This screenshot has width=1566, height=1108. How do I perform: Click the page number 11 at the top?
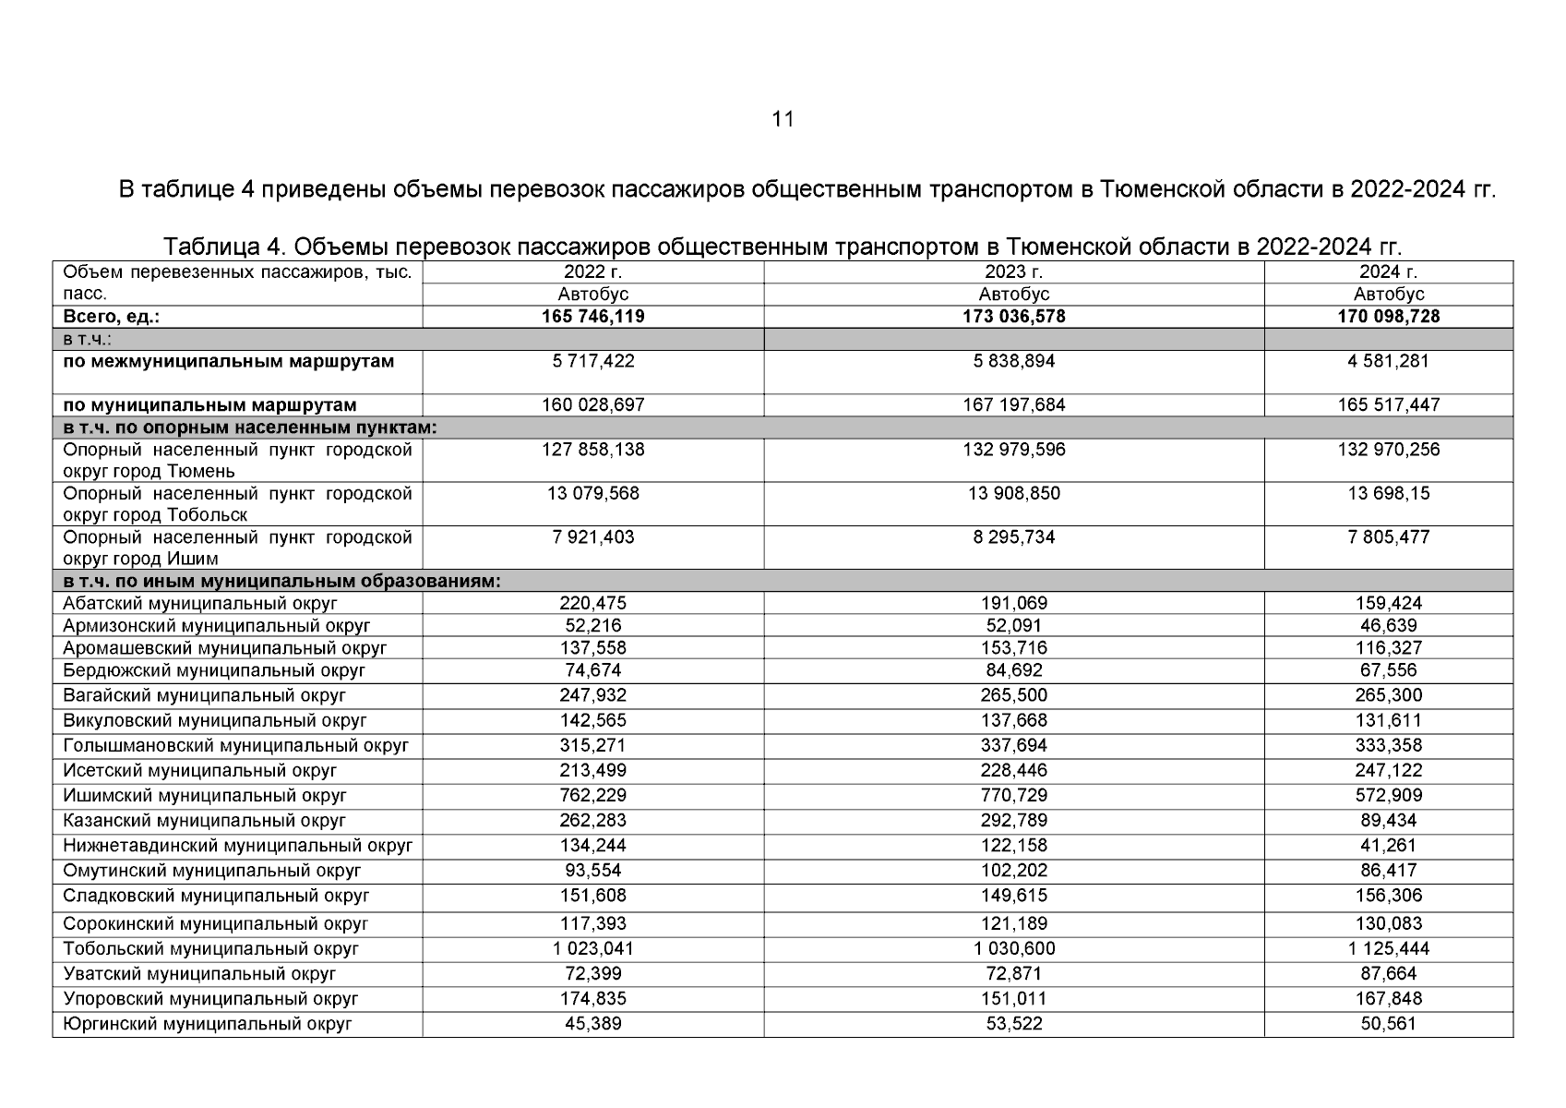(x=783, y=119)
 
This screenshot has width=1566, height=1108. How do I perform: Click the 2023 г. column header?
(x=1013, y=272)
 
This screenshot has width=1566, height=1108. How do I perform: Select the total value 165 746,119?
(x=592, y=317)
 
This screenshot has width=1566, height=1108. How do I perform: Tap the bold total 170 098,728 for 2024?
(x=1388, y=317)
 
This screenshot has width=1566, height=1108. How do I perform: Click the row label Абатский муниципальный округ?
(x=200, y=604)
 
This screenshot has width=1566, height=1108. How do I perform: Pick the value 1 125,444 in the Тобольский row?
(x=1388, y=949)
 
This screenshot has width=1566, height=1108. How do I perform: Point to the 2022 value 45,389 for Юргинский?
(x=592, y=1024)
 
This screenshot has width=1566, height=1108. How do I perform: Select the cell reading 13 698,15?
(x=1388, y=494)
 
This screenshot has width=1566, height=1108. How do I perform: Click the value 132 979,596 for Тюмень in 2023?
(x=1013, y=451)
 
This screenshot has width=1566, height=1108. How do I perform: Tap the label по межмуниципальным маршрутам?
(x=228, y=362)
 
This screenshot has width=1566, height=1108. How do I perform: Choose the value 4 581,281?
(x=1388, y=362)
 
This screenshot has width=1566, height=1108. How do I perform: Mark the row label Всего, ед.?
(x=111, y=317)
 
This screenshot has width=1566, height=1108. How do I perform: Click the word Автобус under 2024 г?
(x=1388, y=295)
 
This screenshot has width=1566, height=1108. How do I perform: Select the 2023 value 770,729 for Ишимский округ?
(x=1013, y=796)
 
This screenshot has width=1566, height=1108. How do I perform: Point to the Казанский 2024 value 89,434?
(x=1388, y=821)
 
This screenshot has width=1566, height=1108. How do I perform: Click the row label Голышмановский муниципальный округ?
(x=235, y=746)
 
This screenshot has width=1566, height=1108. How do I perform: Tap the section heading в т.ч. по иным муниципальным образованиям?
(x=281, y=582)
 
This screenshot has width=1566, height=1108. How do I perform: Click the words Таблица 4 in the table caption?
(x=221, y=247)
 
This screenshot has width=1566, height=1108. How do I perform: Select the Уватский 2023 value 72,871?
(x=1013, y=974)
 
